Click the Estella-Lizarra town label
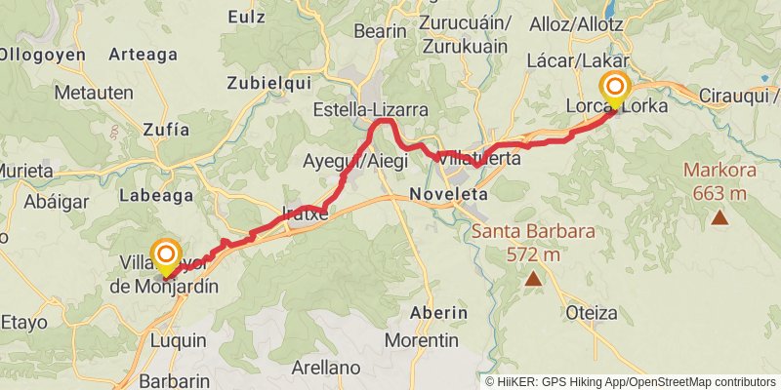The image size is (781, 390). coord(370,110)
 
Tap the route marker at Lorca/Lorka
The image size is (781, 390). coord(615,91)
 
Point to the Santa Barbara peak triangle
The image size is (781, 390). coord(533,280)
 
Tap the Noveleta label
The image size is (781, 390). coord(449,194)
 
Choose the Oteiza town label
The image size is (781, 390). coord(592,313)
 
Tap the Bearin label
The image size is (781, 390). coord(381,31)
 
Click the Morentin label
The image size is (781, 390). coord(422,340)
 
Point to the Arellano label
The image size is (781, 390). coord(326,369)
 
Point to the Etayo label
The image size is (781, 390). coord(25,321)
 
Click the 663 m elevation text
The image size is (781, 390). coord(719,193)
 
